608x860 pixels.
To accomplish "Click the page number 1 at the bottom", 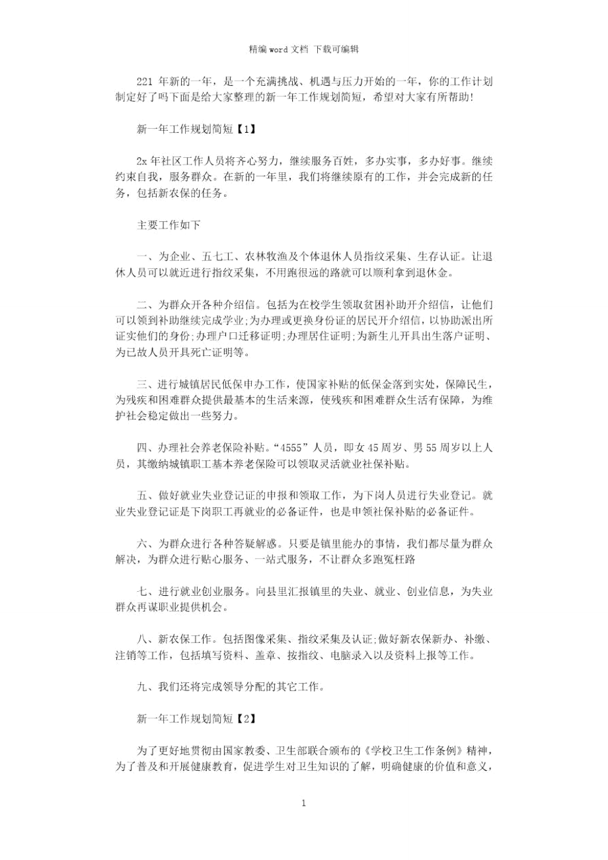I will (303, 803).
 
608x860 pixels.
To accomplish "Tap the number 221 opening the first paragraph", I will (144, 81).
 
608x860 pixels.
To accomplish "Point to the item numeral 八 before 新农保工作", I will (141, 638).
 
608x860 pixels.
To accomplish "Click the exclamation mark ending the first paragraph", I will (470, 97).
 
